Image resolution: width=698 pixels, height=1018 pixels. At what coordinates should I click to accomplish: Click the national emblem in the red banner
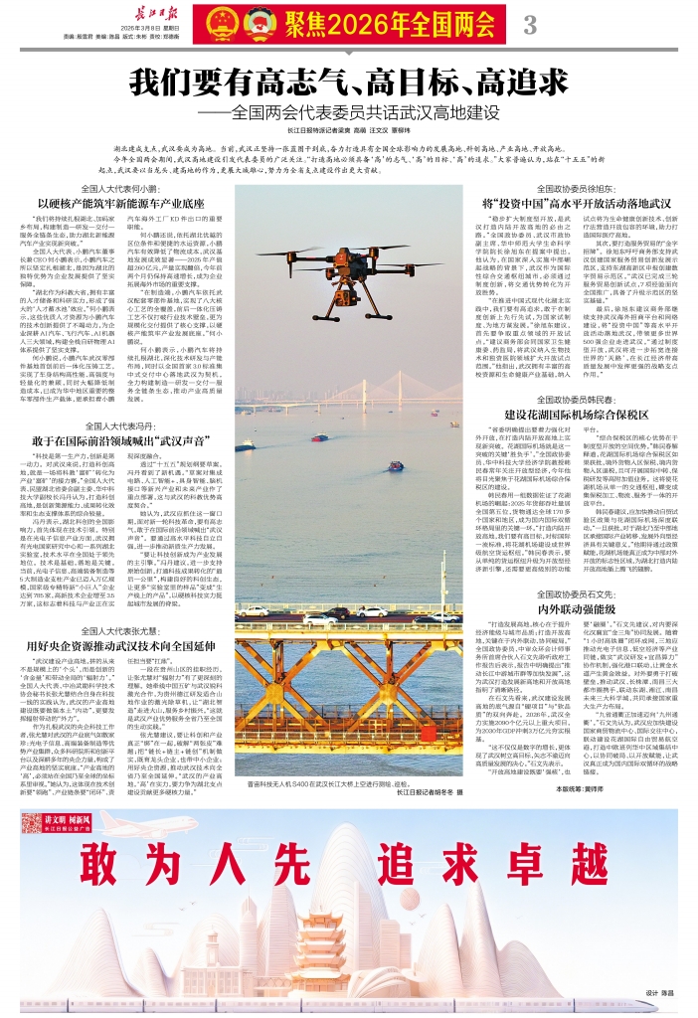217,22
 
